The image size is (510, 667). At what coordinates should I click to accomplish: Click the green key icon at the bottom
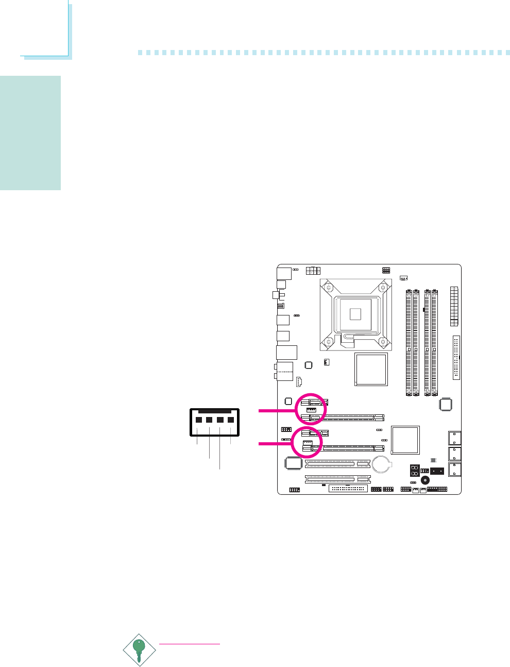click(139, 650)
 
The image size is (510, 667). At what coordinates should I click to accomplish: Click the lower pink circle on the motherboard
click(307, 442)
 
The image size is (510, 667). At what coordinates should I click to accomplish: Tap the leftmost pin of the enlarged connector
click(198, 420)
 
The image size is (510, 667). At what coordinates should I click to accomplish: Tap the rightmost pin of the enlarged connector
click(231, 420)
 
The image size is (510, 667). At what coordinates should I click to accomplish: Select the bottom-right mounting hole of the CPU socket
click(383, 341)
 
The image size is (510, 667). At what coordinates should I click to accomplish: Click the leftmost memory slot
click(409, 342)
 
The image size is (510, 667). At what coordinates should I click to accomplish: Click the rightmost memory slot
click(434, 342)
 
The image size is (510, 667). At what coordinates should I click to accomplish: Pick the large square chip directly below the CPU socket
click(370, 369)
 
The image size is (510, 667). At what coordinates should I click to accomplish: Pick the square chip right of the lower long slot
click(405, 440)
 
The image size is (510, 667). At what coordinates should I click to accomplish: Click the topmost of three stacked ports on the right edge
click(454, 438)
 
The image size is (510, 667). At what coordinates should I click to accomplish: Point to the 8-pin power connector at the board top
click(313, 271)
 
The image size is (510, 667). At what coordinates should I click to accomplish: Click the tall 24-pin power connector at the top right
click(454, 306)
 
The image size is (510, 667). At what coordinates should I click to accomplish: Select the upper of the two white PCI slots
click(337, 464)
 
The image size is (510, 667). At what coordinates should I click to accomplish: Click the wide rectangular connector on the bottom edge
click(348, 489)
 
